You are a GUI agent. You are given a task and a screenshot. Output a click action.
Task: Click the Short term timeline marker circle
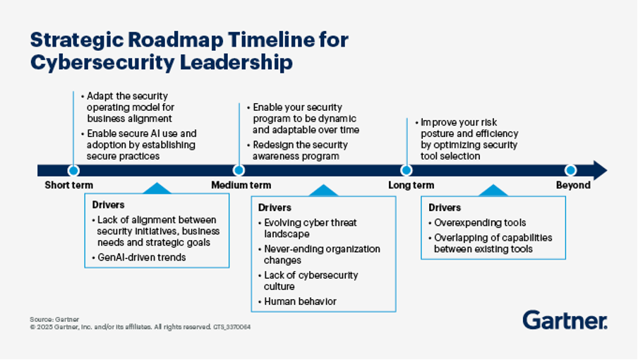(x=73, y=170)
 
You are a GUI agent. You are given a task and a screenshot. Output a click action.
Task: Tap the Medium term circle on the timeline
(x=239, y=170)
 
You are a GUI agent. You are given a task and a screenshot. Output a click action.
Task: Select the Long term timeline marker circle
(x=407, y=170)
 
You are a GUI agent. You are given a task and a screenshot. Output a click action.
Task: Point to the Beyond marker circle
(x=570, y=170)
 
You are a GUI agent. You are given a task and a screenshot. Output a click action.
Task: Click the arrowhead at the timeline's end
(x=600, y=170)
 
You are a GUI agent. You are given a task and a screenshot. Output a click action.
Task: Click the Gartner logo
(x=565, y=320)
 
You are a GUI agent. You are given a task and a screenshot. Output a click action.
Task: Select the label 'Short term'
(x=68, y=185)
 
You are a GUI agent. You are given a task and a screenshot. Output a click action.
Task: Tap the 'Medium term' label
(x=241, y=185)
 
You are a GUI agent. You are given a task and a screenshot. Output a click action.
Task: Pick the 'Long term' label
(x=411, y=185)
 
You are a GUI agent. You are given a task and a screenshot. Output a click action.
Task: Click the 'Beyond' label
(x=573, y=185)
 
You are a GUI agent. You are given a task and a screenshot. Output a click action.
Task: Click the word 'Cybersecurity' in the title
(x=102, y=63)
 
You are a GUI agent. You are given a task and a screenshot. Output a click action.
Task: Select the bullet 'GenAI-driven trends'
(x=139, y=258)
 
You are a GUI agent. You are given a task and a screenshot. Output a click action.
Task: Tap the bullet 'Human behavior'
(x=297, y=301)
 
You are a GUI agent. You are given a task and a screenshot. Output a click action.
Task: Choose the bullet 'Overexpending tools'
(x=477, y=223)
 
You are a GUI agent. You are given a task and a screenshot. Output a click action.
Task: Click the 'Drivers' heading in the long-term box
(x=445, y=208)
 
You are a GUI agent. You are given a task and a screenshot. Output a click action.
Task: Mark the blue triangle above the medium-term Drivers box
(x=323, y=191)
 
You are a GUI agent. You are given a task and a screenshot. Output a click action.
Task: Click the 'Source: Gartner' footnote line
(x=54, y=319)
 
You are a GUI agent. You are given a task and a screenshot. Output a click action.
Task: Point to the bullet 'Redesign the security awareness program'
(x=297, y=150)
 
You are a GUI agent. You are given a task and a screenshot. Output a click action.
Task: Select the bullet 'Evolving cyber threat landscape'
(x=308, y=228)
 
